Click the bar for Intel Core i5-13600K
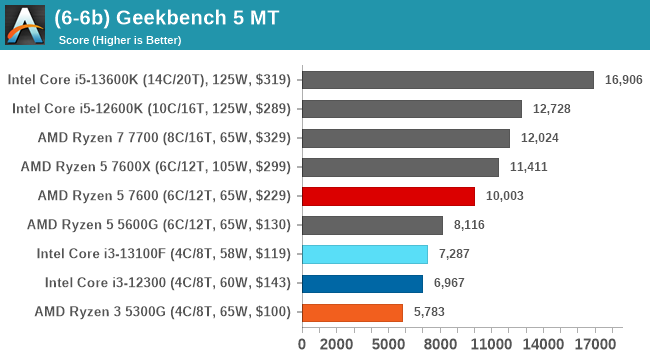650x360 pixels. point(447,80)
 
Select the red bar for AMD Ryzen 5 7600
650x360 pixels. point(387,196)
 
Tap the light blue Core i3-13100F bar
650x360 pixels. point(364,254)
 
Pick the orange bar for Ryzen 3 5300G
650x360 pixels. point(351,312)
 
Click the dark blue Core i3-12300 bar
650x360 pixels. point(361,283)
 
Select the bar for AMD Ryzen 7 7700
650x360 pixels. point(405,138)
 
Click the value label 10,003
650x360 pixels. point(503,196)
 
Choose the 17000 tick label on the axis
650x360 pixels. point(597,344)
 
